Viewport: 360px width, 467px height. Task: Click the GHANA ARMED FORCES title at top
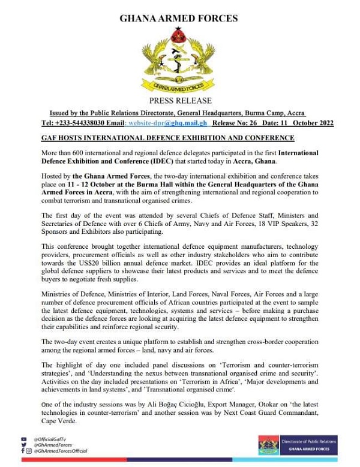[x=179, y=19]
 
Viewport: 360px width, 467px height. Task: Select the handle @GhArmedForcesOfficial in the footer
[x=61, y=451]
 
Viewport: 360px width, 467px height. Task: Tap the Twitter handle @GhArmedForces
[x=55, y=445]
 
